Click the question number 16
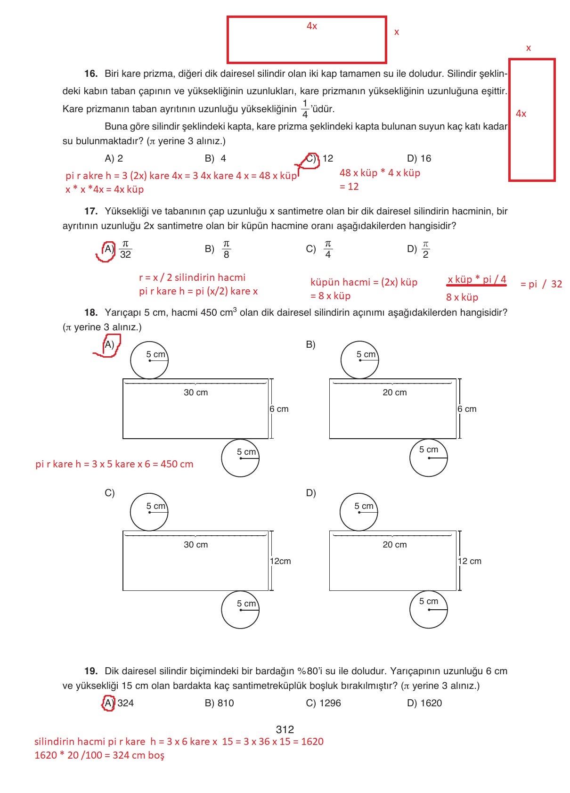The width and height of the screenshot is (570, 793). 90,74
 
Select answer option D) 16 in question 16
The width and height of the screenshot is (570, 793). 419,158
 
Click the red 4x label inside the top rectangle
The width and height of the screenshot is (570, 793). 312,26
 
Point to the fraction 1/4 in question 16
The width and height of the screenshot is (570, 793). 305,109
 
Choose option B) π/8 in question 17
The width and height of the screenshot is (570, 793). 218,249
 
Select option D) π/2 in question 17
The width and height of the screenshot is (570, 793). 419,249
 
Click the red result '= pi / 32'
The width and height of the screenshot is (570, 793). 541,284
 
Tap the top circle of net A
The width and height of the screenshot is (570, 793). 149,360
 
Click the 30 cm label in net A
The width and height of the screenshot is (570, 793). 195,392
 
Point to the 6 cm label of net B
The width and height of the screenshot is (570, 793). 467,409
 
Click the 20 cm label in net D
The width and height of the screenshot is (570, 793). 394,545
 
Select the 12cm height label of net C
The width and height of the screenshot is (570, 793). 280,561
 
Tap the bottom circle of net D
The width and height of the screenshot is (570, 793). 428,609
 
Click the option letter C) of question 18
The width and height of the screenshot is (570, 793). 109,493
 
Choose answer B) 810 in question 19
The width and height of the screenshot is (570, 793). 219,703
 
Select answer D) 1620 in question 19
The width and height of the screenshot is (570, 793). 424,703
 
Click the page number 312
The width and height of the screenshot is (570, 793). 285,729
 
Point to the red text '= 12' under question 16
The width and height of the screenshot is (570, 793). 349,187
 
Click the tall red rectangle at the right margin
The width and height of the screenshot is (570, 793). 532,120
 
